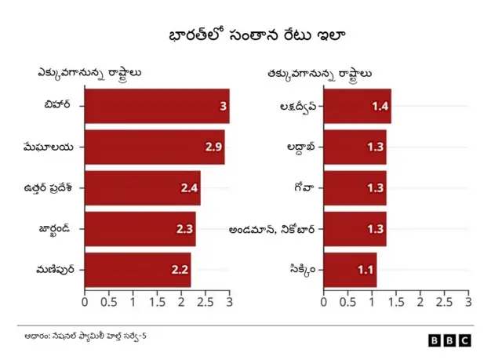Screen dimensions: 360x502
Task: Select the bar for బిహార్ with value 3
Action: coord(157,106)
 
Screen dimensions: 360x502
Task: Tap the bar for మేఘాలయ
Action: coord(155,147)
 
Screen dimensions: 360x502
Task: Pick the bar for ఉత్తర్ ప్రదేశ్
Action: coord(142,188)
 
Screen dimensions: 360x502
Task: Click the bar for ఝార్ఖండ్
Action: coord(140,229)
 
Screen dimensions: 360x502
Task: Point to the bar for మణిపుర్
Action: coord(137,270)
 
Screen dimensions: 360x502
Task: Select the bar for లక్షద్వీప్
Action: coord(357,106)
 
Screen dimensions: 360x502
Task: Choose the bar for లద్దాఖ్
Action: coord(355,147)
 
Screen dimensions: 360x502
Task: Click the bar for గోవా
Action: coord(355,188)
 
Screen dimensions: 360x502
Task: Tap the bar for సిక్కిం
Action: coord(350,270)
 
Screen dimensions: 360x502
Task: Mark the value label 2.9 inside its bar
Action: coord(213,147)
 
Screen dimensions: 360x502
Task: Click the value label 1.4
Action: coord(380,106)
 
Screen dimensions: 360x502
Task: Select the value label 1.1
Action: coord(366,270)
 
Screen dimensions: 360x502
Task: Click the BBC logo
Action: coord(449,340)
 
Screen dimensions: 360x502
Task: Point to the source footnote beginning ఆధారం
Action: coord(85,336)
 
